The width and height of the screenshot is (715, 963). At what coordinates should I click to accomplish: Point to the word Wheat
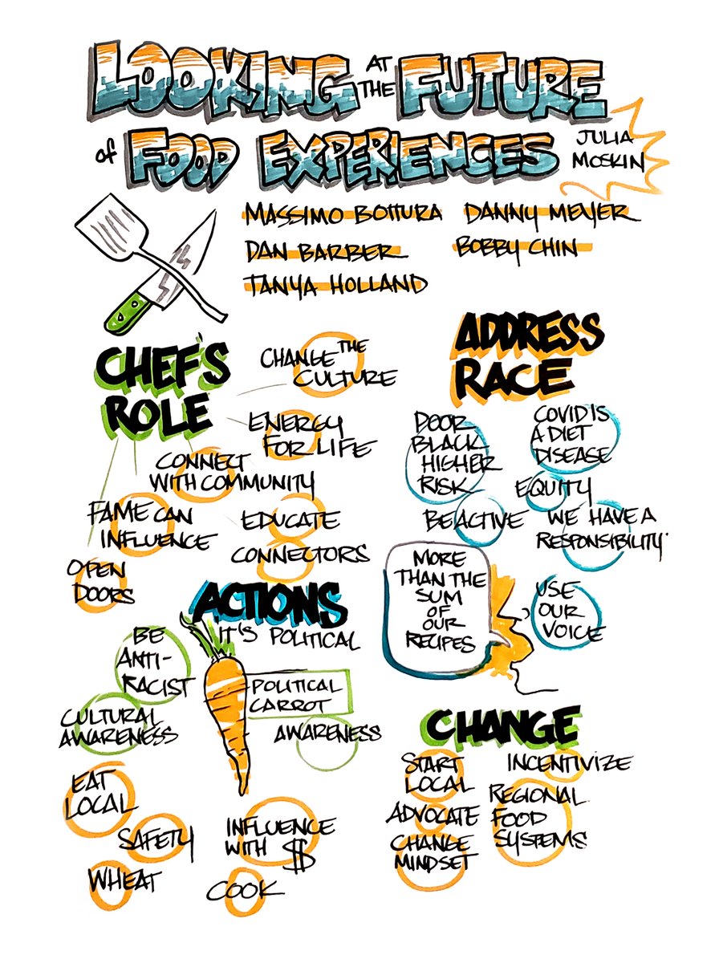[124, 879]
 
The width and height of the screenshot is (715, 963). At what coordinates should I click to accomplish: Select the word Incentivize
[568, 761]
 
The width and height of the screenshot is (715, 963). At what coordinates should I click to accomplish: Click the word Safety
[156, 840]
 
